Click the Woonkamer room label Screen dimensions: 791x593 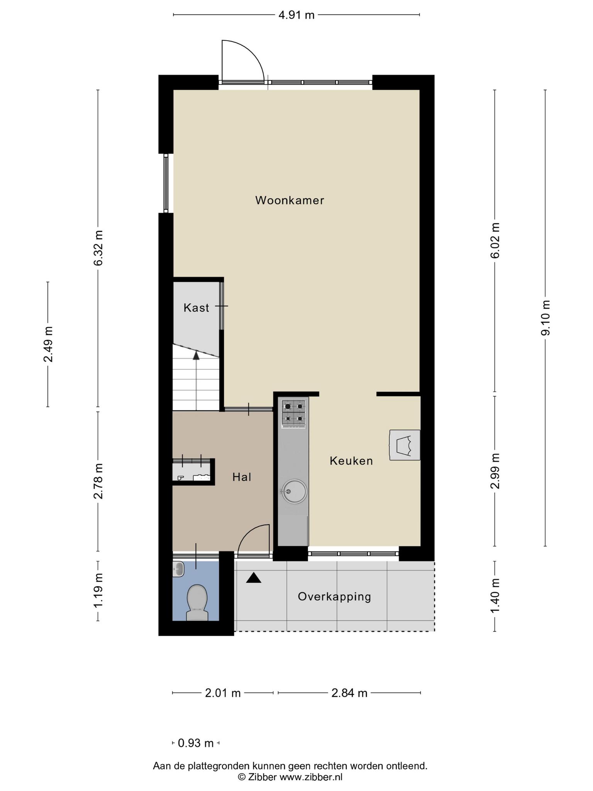pos(290,200)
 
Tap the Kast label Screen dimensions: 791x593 pos(196,308)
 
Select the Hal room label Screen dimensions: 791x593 pos(242,477)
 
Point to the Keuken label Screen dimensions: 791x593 pos(351,461)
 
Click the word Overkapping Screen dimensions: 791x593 pos(334,597)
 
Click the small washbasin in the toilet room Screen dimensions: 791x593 pos(179,569)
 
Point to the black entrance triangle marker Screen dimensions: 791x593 pos(254,578)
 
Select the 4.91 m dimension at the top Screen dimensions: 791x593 pos(296,15)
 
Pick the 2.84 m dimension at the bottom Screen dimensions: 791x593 pos(349,693)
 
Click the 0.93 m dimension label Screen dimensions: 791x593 pos(196,743)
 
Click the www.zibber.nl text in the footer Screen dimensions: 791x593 pos(311,777)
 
